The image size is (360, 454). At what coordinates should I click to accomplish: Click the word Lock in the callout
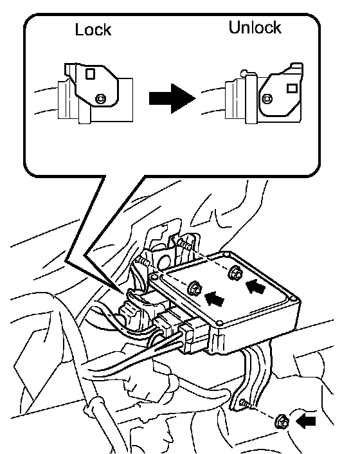(x=93, y=30)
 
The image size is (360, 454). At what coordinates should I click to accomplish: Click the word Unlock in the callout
(x=255, y=28)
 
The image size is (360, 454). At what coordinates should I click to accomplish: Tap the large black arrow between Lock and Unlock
(x=172, y=98)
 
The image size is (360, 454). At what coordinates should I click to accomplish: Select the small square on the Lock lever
(x=90, y=73)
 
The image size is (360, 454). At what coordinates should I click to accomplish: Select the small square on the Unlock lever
(x=292, y=88)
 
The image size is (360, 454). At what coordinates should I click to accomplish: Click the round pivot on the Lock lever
(x=100, y=99)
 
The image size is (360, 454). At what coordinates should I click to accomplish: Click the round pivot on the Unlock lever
(x=267, y=99)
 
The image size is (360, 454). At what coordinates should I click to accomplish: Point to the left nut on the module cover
(x=195, y=288)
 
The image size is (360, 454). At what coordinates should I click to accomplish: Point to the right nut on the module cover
(x=235, y=273)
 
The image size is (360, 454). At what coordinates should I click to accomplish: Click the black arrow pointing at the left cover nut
(x=215, y=299)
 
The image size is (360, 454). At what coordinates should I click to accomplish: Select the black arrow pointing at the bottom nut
(x=305, y=421)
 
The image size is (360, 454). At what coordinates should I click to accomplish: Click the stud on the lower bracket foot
(x=244, y=403)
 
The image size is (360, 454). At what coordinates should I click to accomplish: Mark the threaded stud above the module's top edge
(x=184, y=245)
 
